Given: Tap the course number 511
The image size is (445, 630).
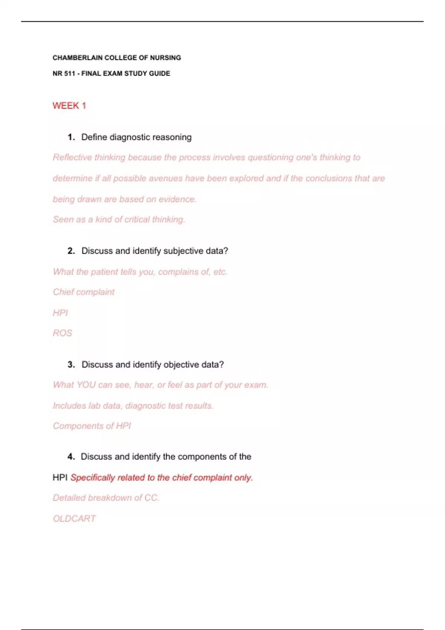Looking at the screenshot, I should pos(69,73).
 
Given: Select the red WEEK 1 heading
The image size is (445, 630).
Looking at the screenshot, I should pos(69,106).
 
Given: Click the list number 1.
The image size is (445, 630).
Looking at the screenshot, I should pos(71,137).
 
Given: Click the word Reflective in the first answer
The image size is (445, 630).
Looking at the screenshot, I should pos(72,157).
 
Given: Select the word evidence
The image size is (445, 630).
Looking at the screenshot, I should pos(177,199).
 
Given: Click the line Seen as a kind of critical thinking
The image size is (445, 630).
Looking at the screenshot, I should pos(119,219).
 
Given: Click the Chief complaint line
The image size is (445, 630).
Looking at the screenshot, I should pos(84,292).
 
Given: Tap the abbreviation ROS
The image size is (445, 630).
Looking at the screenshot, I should pos(62,333).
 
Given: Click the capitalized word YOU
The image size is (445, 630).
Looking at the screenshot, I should pos(86,385).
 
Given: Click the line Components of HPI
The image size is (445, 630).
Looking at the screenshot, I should pos(92,426).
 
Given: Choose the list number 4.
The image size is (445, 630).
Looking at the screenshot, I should pos(71,457).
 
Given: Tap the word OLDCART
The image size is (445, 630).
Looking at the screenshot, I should pos(74,518).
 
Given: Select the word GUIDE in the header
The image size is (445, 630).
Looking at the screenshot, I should pos(159,73).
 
